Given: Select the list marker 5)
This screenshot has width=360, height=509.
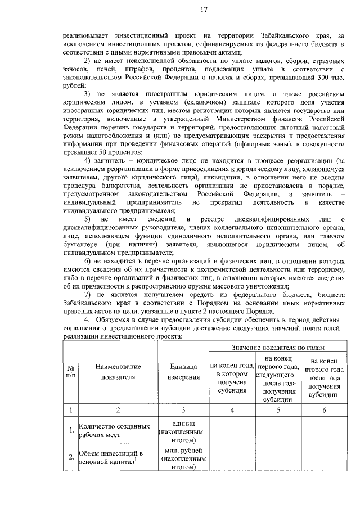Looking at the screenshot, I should pos(87,218).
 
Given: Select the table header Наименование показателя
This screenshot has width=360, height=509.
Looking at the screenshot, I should pos(118,372).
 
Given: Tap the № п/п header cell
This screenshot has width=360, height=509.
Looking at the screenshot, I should pos(70,372).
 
